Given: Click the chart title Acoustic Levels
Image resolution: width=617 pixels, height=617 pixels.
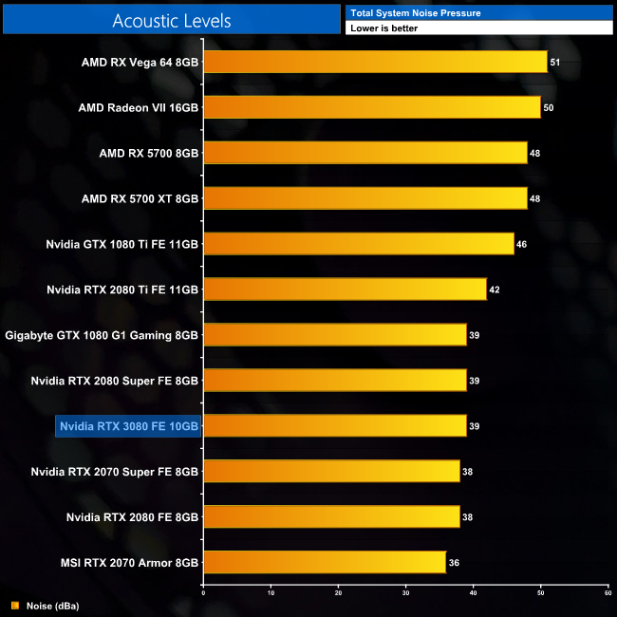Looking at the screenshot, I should (x=171, y=20).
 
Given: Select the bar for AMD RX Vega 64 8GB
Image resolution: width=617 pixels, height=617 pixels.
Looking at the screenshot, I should (x=375, y=62).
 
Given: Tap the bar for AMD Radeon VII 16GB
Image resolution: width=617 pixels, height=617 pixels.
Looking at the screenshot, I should (x=371, y=107).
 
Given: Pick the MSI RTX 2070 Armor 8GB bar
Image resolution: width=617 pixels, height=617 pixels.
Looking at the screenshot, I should (x=324, y=563).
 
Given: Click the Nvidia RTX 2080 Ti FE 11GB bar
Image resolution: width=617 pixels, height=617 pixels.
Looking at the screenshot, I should (x=345, y=290).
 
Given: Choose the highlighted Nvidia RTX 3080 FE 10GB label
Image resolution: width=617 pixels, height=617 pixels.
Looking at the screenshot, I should (x=128, y=426).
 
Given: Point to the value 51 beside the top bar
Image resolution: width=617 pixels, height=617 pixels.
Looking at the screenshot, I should (x=555, y=62).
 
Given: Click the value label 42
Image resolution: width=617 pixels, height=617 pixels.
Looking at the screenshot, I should (x=494, y=290).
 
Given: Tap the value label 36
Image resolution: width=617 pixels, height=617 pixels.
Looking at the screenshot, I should (x=454, y=563).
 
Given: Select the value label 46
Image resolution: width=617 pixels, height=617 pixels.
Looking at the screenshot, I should (x=521, y=244).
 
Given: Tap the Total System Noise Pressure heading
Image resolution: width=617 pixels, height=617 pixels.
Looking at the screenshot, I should (x=415, y=13).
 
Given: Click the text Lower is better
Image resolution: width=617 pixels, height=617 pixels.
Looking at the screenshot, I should (x=383, y=28).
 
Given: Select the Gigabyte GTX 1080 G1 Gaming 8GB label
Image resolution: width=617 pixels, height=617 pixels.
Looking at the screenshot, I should (x=102, y=335).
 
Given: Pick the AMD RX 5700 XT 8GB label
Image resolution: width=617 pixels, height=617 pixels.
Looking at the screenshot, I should (x=140, y=198).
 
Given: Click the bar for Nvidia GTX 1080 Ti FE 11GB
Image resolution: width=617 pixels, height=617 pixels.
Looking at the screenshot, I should (x=358, y=244).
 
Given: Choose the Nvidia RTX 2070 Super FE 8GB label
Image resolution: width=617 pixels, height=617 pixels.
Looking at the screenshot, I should (x=114, y=472).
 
